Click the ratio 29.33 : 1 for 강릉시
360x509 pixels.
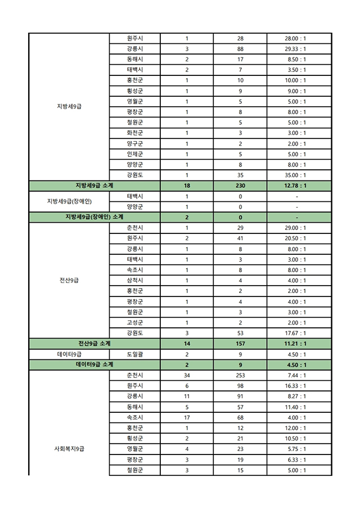[x=296, y=49]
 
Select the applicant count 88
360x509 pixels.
[x=240, y=49]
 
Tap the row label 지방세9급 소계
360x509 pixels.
[x=94, y=186]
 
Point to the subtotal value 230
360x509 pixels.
[x=240, y=186]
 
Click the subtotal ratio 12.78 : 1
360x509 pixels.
[x=296, y=186]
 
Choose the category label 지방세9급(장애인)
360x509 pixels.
[x=69, y=201]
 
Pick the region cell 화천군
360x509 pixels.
[x=134, y=133]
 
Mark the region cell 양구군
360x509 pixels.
[x=134, y=143]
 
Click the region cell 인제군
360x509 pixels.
[x=134, y=154]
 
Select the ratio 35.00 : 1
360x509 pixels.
[x=296, y=175]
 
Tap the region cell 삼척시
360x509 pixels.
[x=134, y=281]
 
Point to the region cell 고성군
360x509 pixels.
[x=134, y=322]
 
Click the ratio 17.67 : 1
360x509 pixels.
[x=296, y=333]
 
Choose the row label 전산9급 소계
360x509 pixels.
[x=94, y=343]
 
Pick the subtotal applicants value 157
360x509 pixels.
[x=240, y=343]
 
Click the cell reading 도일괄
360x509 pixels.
[x=134, y=354]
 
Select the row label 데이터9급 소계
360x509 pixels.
[x=94, y=364]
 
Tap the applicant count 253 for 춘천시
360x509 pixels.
[x=240, y=375]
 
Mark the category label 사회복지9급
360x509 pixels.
[x=69, y=449]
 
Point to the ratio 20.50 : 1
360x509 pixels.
[x=296, y=238]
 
